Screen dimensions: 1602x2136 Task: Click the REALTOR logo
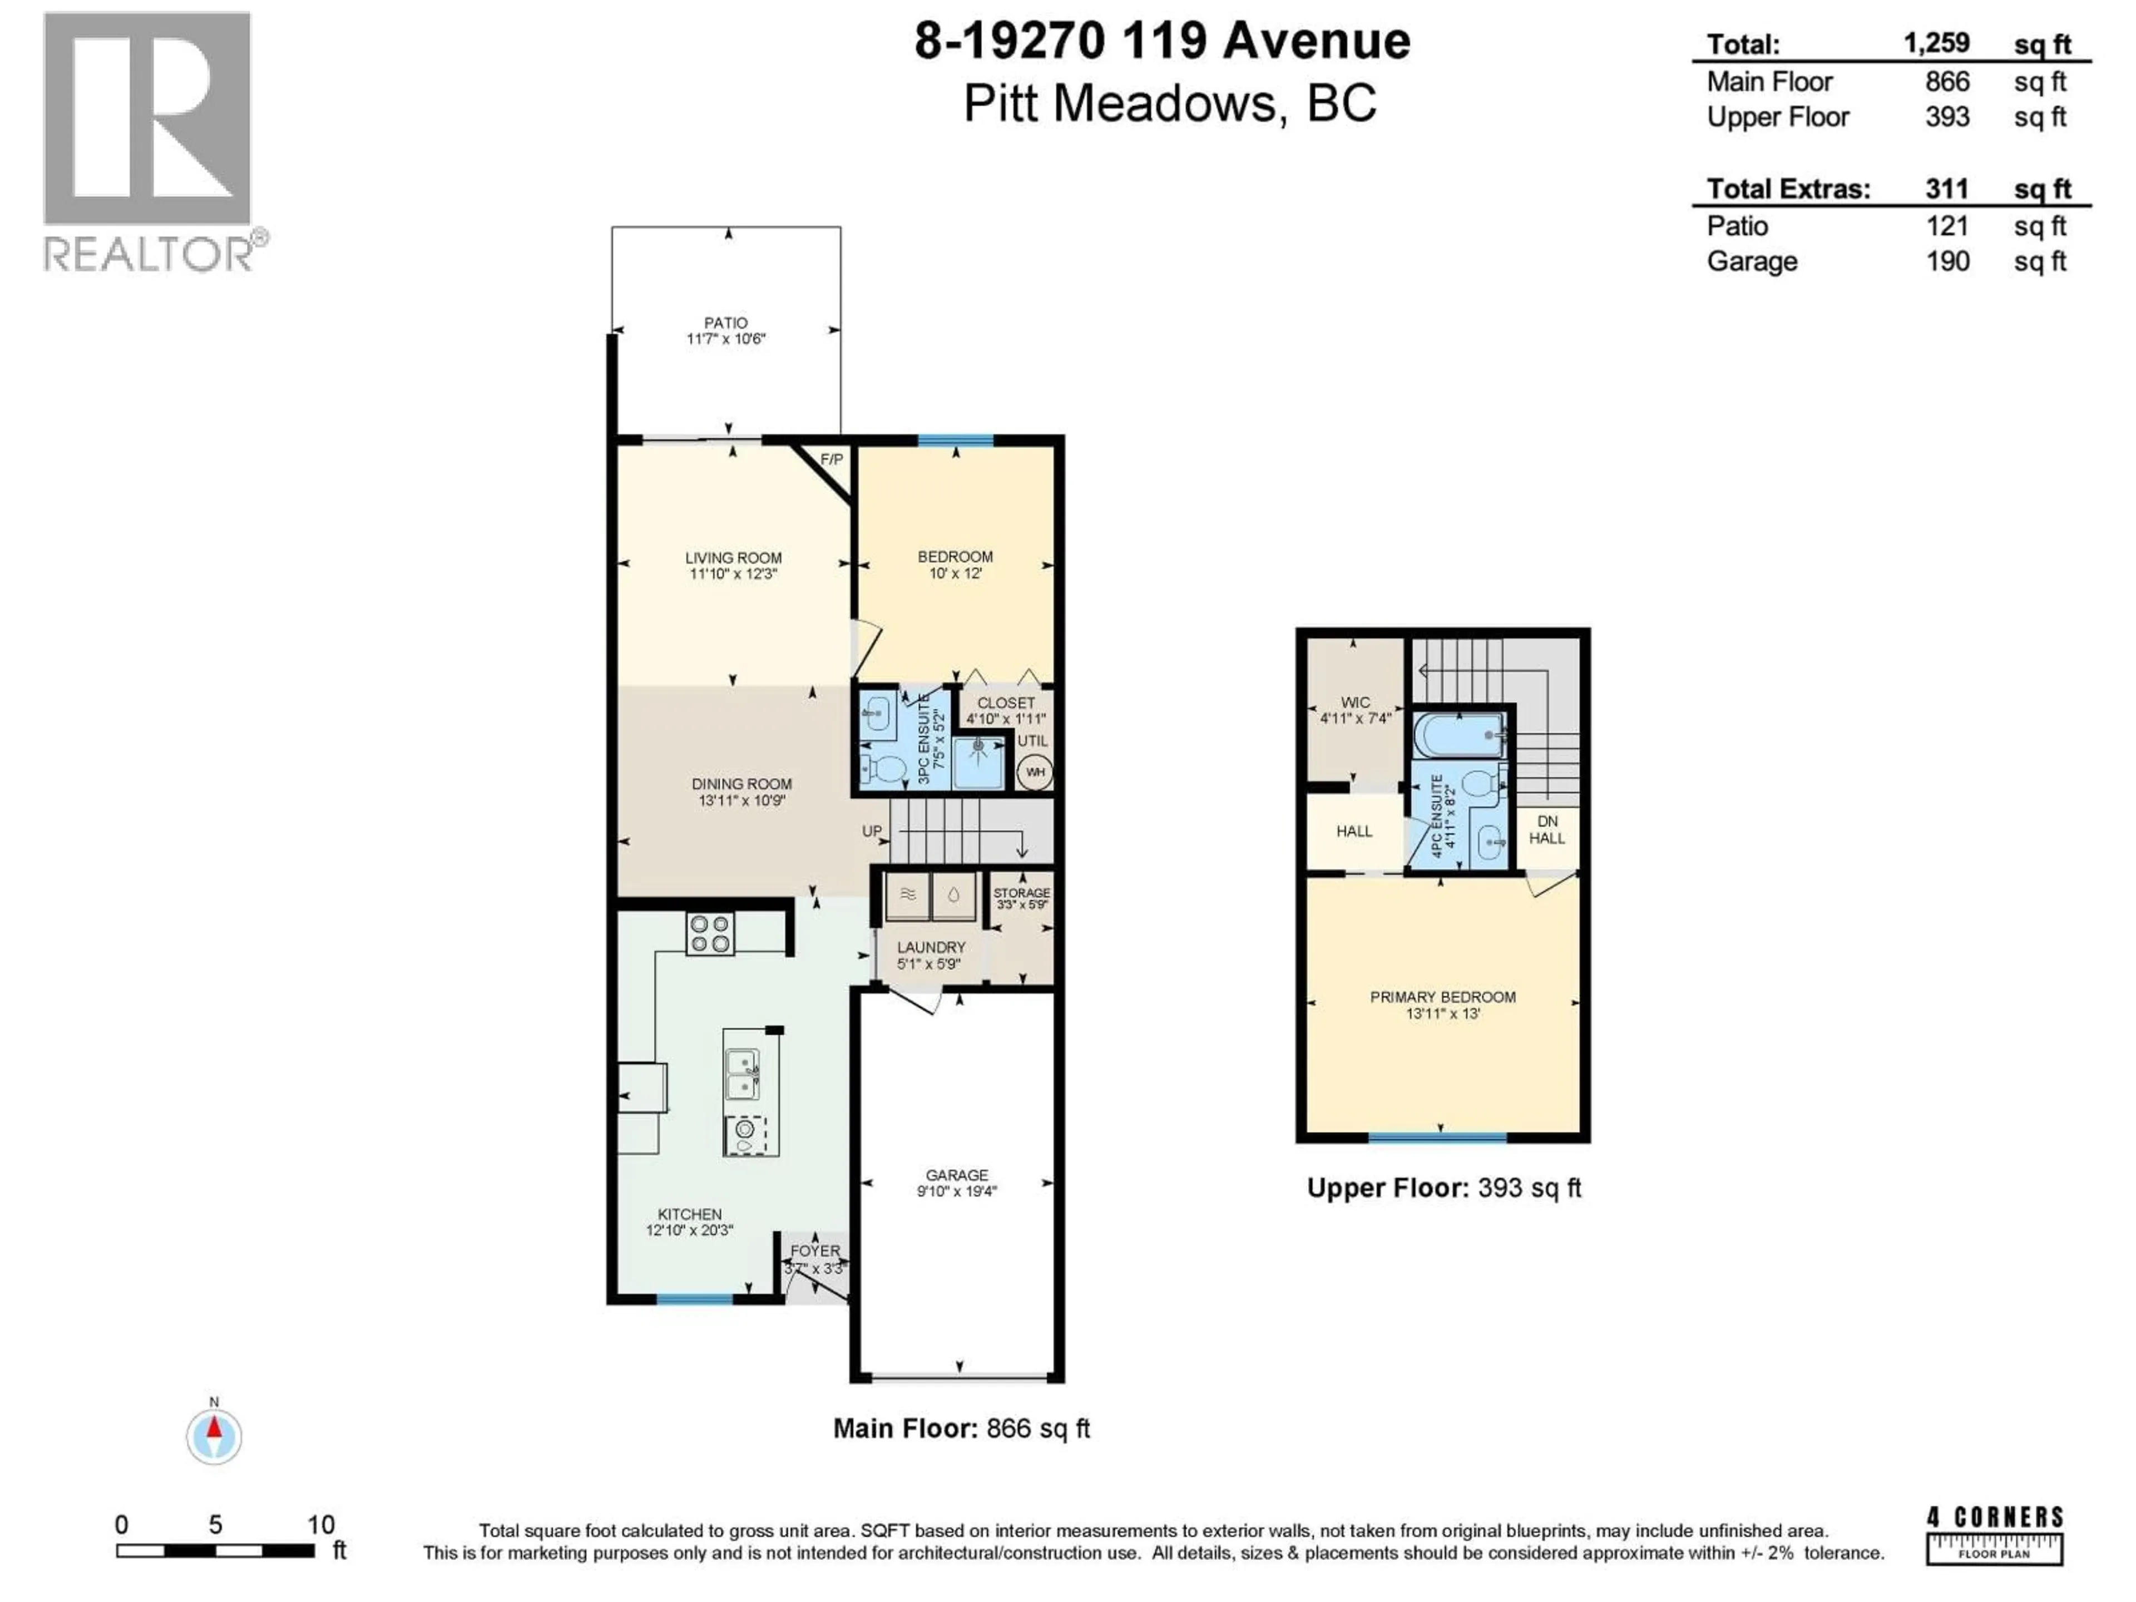tap(148, 140)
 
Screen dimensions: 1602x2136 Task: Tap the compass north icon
tap(214, 1436)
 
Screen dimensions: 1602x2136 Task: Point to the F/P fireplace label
tap(832, 459)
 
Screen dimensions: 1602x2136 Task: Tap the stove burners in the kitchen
tap(710, 933)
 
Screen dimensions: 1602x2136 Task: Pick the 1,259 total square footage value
tap(1936, 43)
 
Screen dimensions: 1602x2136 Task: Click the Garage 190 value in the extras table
tap(1947, 261)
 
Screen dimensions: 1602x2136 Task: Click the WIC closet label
tap(1355, 703)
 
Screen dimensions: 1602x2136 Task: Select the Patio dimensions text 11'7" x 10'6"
tap(725, 339)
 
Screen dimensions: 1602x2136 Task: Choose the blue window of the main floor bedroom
tap(955, 441)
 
